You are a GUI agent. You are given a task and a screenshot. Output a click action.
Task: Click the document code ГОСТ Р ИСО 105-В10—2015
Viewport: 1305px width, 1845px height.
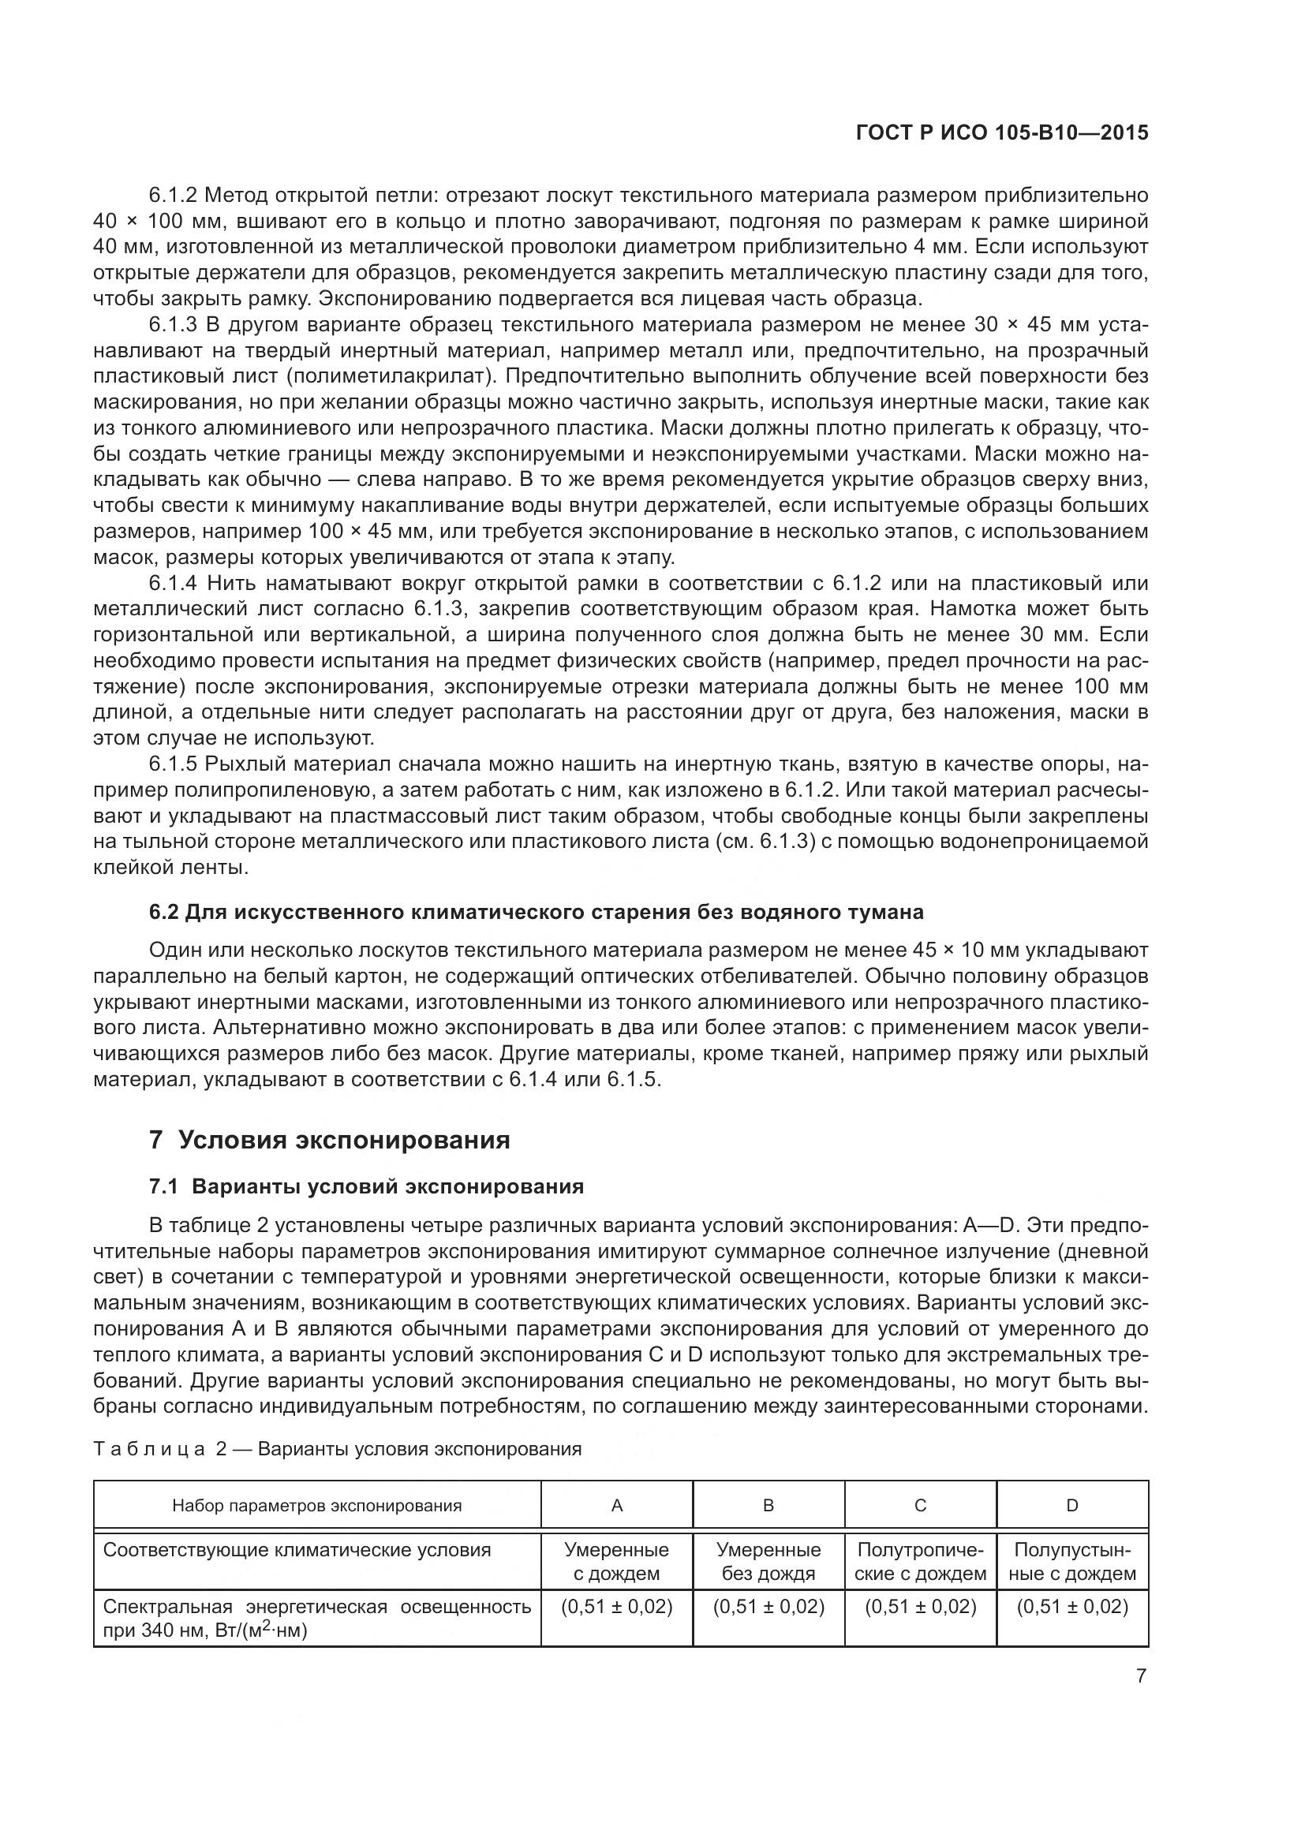coord(1002,133)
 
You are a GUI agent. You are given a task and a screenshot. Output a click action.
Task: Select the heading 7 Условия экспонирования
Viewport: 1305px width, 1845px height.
coord(330,1140)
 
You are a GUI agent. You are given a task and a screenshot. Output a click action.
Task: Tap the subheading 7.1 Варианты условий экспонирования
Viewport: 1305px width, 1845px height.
coord(366,1187)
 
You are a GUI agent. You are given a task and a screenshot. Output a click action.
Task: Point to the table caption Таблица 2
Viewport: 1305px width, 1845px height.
coord(337,1449)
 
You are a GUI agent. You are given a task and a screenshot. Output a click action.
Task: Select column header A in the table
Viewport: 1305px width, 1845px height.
coord(616,1505)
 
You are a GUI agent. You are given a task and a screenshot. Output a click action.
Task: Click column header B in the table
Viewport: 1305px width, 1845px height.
coord(768,1505)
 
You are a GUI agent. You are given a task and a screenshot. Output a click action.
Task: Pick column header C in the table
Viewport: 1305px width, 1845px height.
coord(920,1505)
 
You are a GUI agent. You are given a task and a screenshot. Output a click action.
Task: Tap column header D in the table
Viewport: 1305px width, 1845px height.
coord(1072,1505)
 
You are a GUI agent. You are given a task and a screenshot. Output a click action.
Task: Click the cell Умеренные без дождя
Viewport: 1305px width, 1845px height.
coord(768,1561)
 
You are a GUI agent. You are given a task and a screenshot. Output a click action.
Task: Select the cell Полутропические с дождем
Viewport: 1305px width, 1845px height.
coord(920,1561)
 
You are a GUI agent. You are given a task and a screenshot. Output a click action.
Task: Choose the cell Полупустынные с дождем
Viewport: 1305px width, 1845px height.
coord(1072,1561)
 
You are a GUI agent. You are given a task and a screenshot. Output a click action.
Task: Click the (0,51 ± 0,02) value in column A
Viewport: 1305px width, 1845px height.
coord(616,1607)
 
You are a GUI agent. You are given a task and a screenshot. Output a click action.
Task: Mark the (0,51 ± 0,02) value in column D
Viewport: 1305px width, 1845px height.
coord(1072,1607)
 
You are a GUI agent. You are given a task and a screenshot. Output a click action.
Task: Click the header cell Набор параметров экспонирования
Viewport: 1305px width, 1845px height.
coord(316,1505)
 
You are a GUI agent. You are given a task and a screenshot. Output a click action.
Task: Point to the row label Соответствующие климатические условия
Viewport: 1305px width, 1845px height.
coord(297,1550)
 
